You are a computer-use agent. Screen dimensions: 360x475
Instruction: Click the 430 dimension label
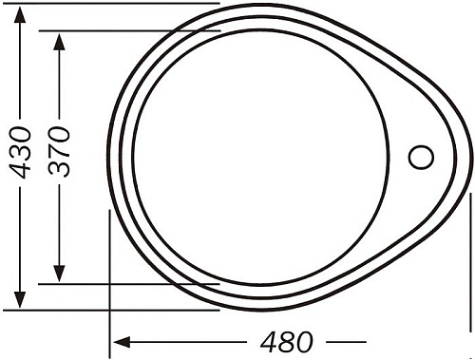pos(20,152)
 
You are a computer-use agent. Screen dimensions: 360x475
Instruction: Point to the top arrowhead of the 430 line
pos(20,11)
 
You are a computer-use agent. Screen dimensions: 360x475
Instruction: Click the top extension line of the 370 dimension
pos(133,30)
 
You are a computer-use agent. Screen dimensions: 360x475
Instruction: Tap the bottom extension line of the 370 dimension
pos(133,283)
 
